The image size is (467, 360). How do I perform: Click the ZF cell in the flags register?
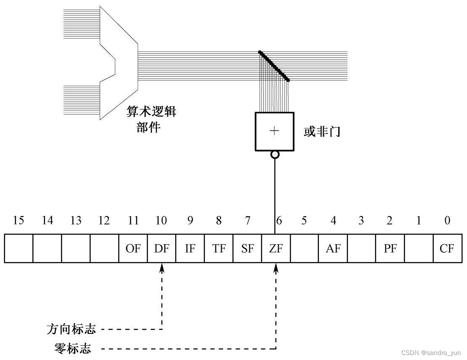click(x=276, y=248)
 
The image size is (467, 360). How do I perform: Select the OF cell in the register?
click(x=133, y=248)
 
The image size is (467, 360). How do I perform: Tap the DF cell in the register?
click(x=162, y=248)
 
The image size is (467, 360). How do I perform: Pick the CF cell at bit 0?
click(x=447, y=248)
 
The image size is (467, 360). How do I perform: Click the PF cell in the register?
click(x=390, y=248)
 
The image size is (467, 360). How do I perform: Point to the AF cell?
click(x=333, y=248)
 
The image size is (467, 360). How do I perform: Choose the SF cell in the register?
click(x=247, y=248)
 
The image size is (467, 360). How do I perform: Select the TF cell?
click(x=219, y=248)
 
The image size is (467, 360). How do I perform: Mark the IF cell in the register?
click(x=190, y=248)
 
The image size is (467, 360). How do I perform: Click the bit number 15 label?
click(x=19, y=220)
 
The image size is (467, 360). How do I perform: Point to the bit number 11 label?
click(x=133, y=220)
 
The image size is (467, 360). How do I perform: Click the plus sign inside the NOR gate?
click(x=274, y=131)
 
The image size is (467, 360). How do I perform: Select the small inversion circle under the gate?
click(x=275, y=155)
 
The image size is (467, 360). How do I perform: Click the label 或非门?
click(x=322, y=132)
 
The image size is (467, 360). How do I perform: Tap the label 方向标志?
click(x=71, y=329)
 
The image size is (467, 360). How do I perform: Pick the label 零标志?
click(x=72, y=349)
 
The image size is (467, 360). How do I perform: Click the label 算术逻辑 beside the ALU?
click(x=151, y=112)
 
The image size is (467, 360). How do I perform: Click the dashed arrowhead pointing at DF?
click(x=162, y=267)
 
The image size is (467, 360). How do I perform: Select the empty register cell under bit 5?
click(x=304, y=248)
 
